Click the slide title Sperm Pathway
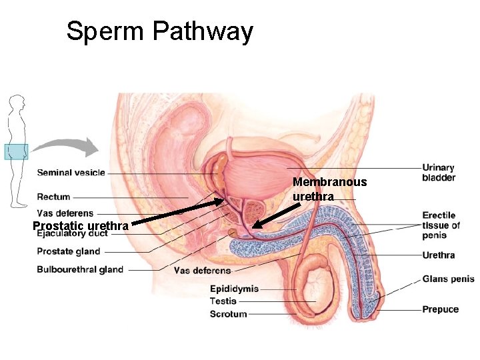[159, 31]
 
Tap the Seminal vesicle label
[71, 173]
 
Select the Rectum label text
[53, 197]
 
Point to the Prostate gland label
[68, 251]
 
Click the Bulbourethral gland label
[80, 269]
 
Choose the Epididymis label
[234, 289]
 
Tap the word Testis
[223, 301]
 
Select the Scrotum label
[228, 313]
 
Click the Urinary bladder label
[439, 173]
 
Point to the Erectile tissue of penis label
[441, 225]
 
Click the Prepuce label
[440, 309]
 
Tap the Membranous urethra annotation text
[329, 189]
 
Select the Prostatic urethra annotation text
[81, 226]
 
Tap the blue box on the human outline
[16, 153]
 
